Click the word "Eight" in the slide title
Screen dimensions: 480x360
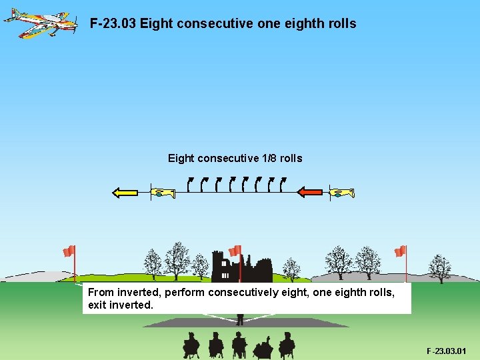pyautogui.click(x=155, y=24)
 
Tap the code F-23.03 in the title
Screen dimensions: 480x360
pyautogui.click(x=113, y=24)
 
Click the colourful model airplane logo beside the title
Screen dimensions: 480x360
pyautogui.click(x=40, y=22)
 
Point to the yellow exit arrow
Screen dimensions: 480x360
pyautogui.click(x=125, y=193)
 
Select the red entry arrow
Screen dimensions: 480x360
pyautogui.click(x=310, y=193)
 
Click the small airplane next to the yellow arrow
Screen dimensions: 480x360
pyautogui.click(x=162, y=193)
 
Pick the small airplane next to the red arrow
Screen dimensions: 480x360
pyautogui.click(x=342, y=193)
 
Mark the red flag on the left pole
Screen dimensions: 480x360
pyautogui.click(x=69, y=251)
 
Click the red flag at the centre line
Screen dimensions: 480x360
pyautogui.click(x=235, y=251)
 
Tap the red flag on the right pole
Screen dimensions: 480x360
pyautogui.click(x=400, y=251)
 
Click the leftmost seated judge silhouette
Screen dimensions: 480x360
pyautogui.click(x=191, y=345)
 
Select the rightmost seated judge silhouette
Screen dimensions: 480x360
pyautogui.click(x=287, y=345)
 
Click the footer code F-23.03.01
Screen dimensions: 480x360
pyautogui.click(x=447, y=351)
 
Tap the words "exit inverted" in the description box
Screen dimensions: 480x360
pyautogui.click(x=120, y=305)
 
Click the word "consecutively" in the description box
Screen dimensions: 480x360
pyautogui.click(x=241, y=293)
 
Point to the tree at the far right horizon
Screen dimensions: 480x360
pyautogui.click(x=439, y=268)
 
